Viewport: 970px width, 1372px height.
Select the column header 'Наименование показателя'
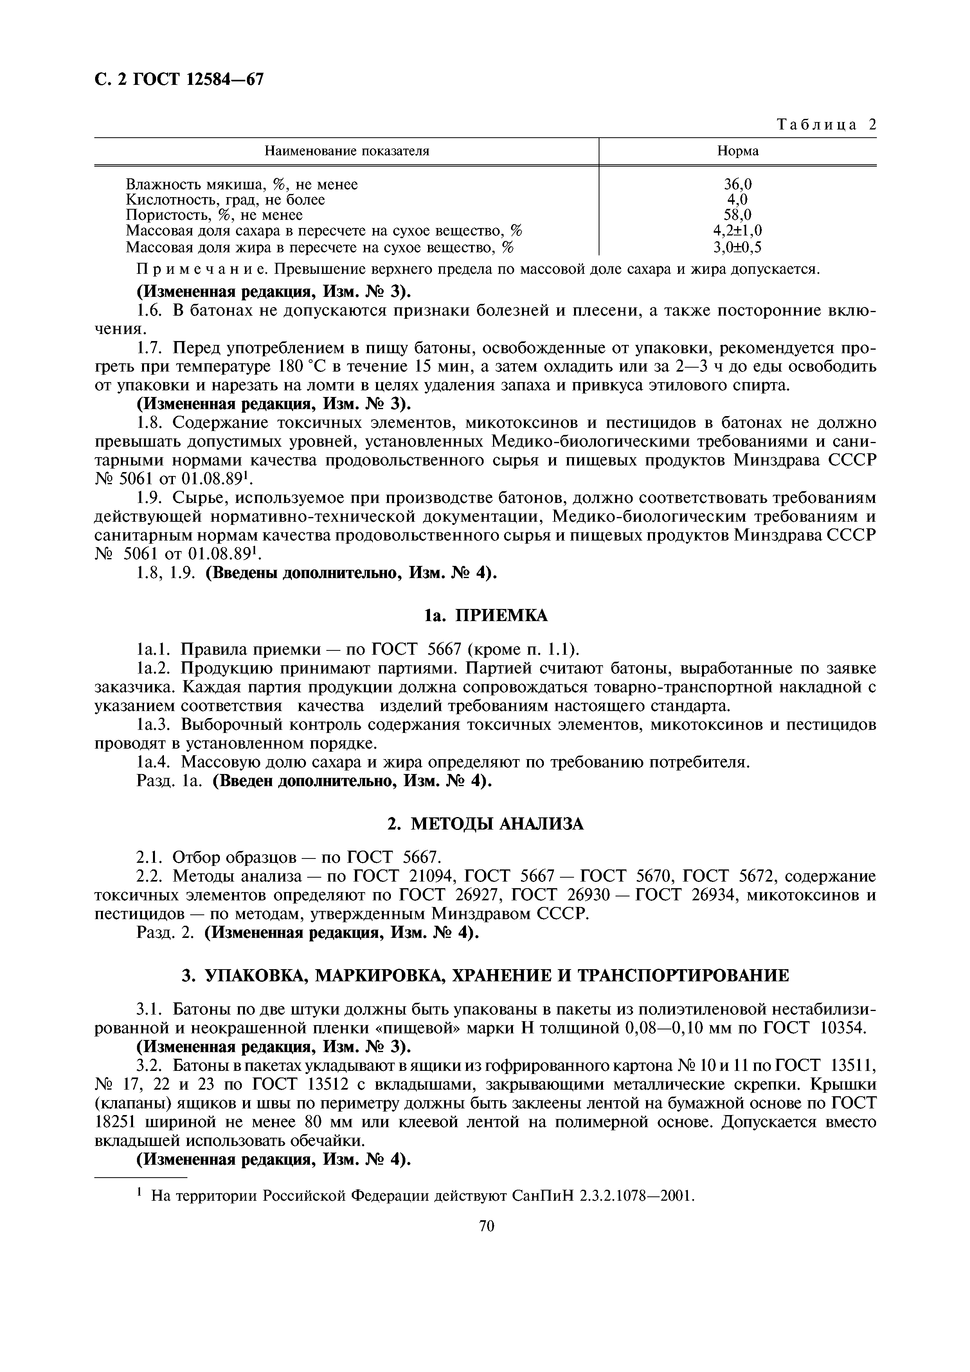click(x=347, y=151)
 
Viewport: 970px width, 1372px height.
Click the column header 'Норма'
click(x=738, y=151)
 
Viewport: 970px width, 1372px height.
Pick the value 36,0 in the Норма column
click(x=738, y=185)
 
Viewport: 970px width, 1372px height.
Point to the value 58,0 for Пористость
click(x=738, y=215)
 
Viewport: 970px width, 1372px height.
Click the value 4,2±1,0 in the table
click(x=738, y=231)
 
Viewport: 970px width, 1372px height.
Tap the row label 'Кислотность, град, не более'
click(x=225, y=200)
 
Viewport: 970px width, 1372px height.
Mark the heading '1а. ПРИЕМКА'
click(x=485, y=616)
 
